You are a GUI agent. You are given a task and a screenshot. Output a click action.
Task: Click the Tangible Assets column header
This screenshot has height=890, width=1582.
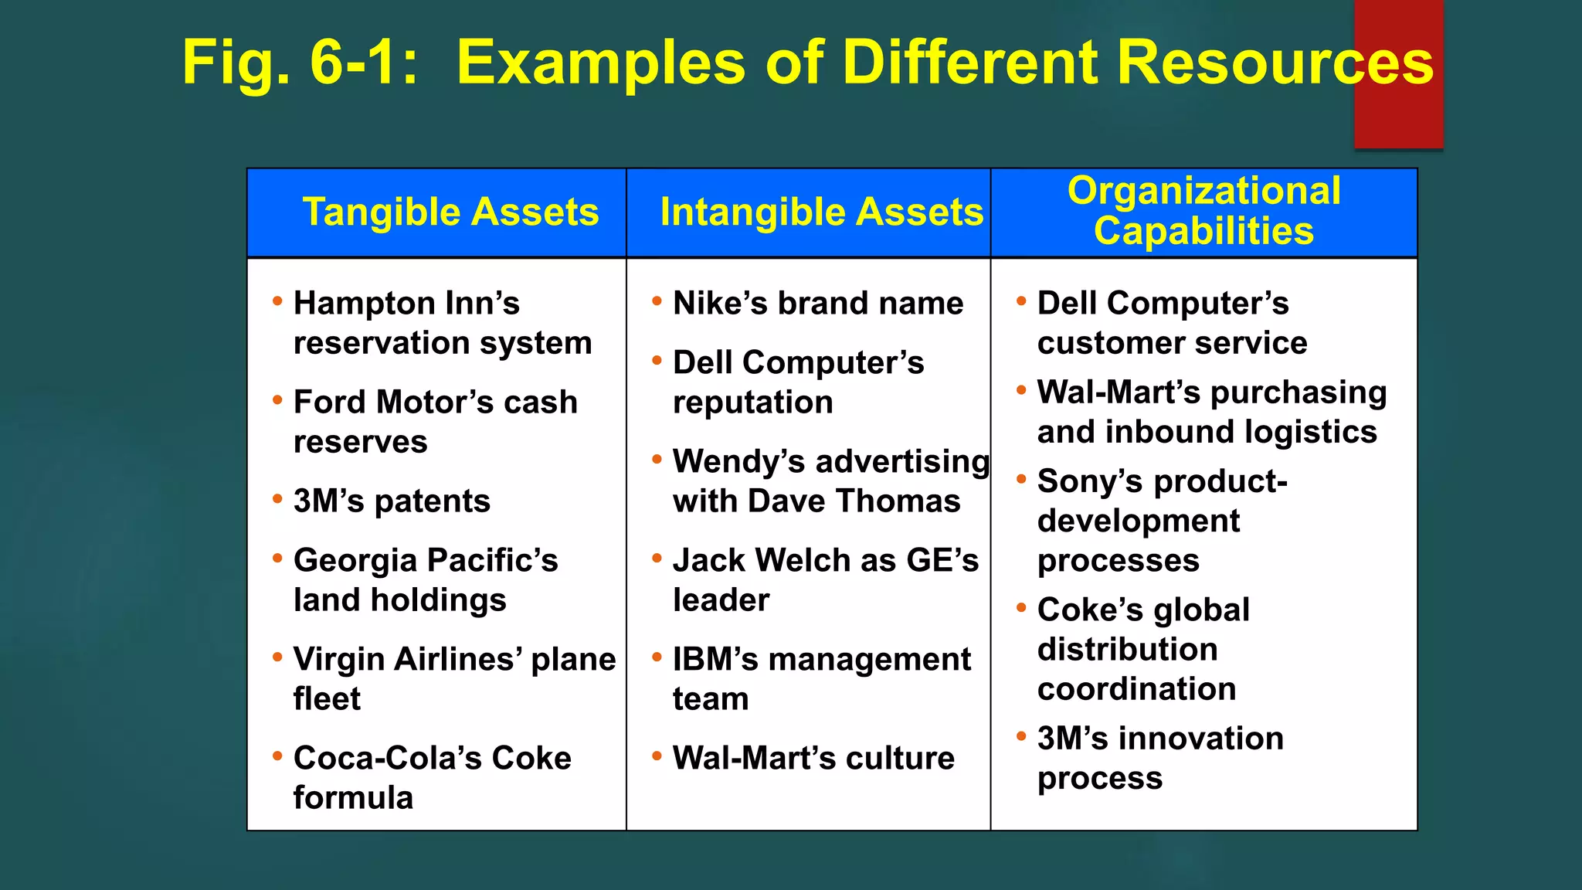tap(450, 212)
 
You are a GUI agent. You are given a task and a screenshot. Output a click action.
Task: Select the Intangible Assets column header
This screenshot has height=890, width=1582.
tap(821, 212)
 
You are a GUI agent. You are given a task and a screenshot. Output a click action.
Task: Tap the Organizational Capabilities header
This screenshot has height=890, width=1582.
tap(1203, 211)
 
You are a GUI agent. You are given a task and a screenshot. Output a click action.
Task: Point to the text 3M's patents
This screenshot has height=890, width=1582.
tap(392, 501)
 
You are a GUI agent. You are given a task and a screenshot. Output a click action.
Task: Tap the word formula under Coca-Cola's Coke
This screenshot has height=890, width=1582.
tap(353, 798)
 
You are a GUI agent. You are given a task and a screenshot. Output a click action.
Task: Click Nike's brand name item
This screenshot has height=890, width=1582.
tap(817, 304)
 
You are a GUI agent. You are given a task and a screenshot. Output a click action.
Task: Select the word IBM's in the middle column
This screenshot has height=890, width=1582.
tap(715, 660)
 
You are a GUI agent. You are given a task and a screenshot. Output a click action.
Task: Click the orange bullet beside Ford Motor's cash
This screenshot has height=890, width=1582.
tap(277, 400)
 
